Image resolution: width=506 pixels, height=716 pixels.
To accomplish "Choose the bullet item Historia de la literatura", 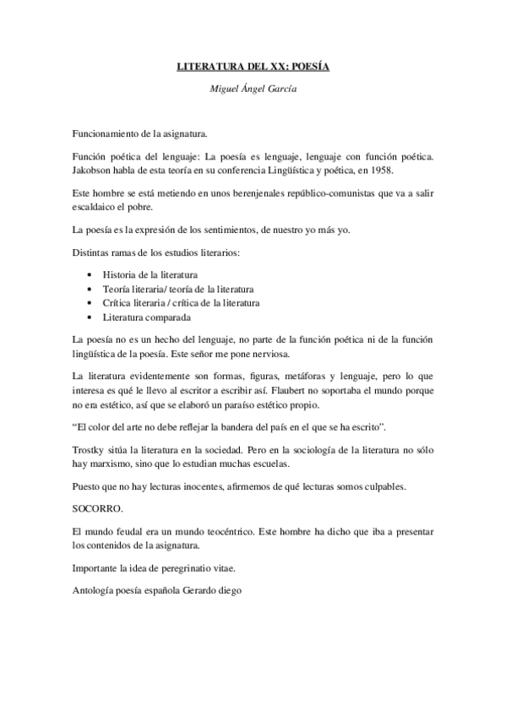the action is [x=150, y=275].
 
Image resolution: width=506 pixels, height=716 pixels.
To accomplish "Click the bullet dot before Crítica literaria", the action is [x=90, y=304].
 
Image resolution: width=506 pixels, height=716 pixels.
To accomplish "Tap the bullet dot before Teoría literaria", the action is [x=90, y=290].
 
